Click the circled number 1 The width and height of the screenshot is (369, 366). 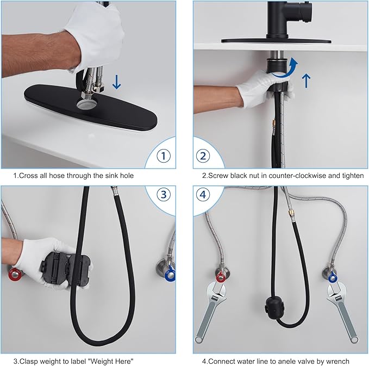tap(164, 156)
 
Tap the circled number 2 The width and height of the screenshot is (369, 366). tap(203, 156)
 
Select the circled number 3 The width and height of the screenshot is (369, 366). tap(164, 195)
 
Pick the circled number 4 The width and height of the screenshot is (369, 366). tap(203, 195)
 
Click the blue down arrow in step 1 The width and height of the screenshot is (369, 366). tap(116, 82)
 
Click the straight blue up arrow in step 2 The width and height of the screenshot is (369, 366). tap(306, 80)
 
